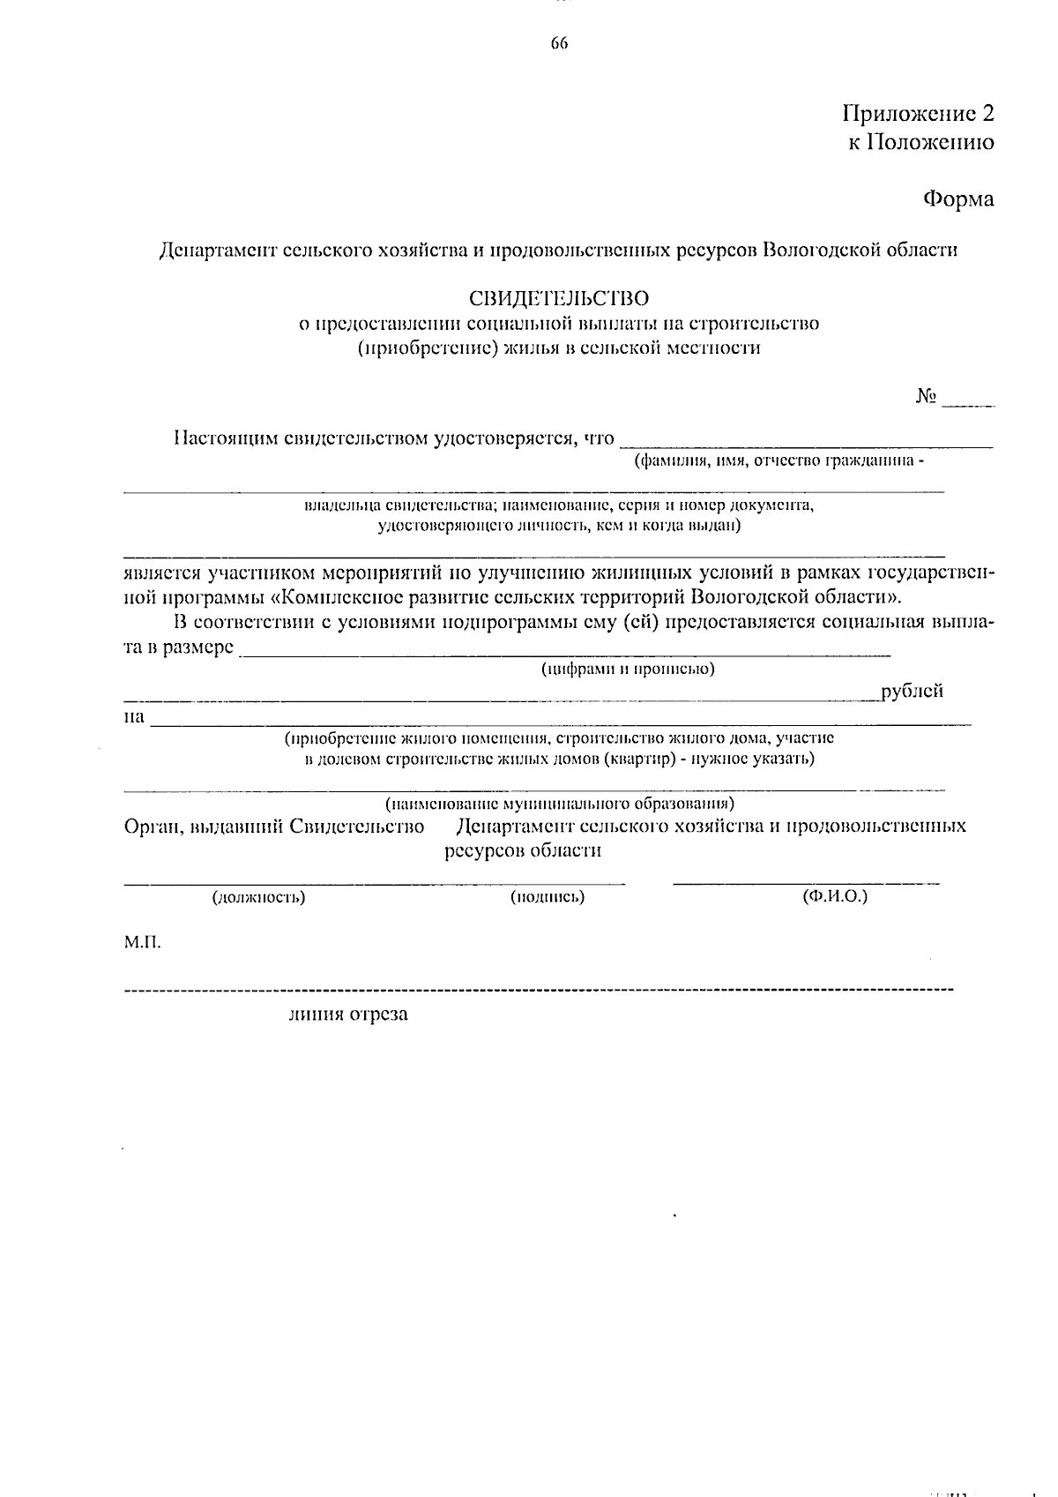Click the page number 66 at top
pos(559,43)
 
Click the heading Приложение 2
pos(918,114)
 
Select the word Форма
pos(958,199)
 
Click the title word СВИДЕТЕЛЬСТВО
pos(559,299)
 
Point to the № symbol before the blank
pos(925,397)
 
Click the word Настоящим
pos(225,438)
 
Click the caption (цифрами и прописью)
pos(628,669)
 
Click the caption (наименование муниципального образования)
pos(559,804)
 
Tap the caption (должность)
pos(258,898)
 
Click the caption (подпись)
pos(548,898)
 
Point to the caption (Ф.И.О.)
pos(834,896)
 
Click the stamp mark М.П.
pos(142,943)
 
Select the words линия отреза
pos(348,1014)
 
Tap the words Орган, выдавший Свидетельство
pos(274,827)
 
